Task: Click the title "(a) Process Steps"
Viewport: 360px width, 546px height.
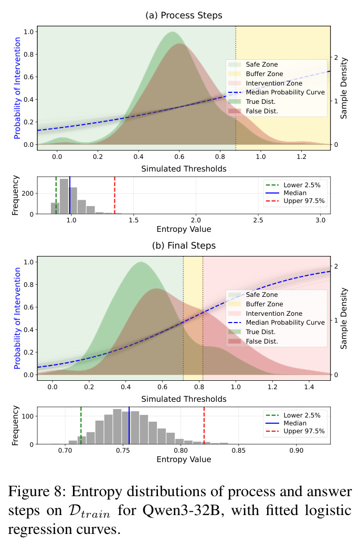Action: tap(184, 15)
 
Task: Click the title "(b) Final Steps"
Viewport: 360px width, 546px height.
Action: tap(184, 245)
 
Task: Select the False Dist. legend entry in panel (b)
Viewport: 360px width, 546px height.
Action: tap(253, 341)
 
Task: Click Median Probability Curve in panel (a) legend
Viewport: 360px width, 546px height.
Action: tap(277, 92)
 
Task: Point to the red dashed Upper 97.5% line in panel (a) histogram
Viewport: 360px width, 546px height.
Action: tap(114, 195)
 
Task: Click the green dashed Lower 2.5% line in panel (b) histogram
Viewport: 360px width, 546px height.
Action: tap(81, 425)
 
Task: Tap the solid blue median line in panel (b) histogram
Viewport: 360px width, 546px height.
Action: tap(129, 425)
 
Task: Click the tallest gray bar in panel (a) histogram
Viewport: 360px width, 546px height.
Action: tap(64, 196)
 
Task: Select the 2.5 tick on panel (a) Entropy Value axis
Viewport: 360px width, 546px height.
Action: tap(258, 220)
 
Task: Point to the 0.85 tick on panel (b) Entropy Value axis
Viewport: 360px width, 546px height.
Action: tap(239, 450)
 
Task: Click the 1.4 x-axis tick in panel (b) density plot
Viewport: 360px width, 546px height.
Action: tap(309, 387)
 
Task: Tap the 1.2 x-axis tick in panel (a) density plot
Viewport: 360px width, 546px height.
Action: tap(301, 157)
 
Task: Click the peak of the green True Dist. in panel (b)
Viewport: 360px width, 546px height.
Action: tap(141, 262)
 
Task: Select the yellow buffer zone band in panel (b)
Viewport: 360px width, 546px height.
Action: tap(193, 318)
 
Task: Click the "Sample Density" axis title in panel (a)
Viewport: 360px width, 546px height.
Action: tap(344, 88)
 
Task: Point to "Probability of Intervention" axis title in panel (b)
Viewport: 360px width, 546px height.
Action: tap(17, 318)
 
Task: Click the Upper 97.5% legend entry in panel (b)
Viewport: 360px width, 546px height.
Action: tap(295, 431)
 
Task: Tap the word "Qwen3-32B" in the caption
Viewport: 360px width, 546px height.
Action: tap(185, 510)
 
